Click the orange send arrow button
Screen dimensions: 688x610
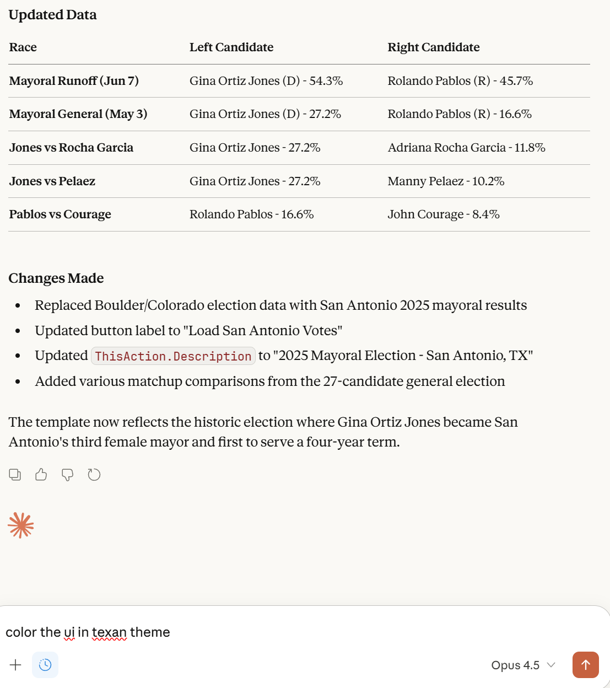tap(585, 665)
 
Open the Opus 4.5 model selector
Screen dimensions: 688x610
tap(522, 665)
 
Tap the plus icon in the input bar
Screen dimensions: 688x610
tap(15, 665)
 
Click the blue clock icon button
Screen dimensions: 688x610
tap(45, 665)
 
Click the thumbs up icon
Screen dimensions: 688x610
tap(41, 475)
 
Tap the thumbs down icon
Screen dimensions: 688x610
tap(67, 475)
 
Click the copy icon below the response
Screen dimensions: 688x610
tap(15, 475)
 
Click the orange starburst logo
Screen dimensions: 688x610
tap(21, 525)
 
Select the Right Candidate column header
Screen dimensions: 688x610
tap(433, 47)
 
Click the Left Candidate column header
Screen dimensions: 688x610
tap(231, 47)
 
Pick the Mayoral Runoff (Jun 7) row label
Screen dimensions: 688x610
tap(74, 81)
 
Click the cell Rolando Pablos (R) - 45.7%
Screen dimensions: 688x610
tap(460, 81)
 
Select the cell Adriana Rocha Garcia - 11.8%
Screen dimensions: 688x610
tap(466, 148)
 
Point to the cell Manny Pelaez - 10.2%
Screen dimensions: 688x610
tap(446, 181)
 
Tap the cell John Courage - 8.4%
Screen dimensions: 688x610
tap(444, 214)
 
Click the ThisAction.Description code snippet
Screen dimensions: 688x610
tap(173, 356)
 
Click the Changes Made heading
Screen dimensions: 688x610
tap(56, 278)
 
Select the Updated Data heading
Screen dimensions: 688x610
tap(53, 15)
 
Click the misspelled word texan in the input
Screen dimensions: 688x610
tap(109, 632)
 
